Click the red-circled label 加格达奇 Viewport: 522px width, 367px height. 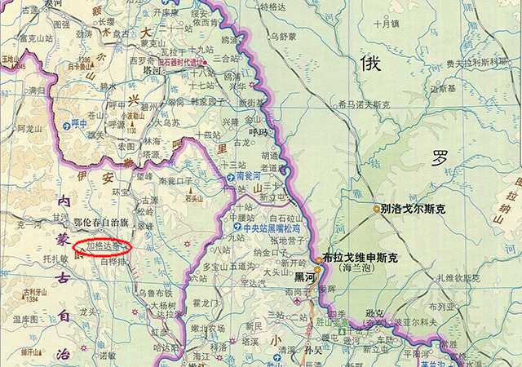pos(102,245)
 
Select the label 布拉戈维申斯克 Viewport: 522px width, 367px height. pos(360,258)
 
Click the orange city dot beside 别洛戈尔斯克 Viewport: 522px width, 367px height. pos(378,210)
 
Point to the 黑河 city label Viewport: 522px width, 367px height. pos(305,277)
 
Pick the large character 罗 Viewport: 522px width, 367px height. pos(441,156)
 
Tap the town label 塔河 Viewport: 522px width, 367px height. pos(153,70)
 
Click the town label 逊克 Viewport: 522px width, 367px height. pos(374,312)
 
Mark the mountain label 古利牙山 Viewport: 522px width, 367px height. pos(33,293)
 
